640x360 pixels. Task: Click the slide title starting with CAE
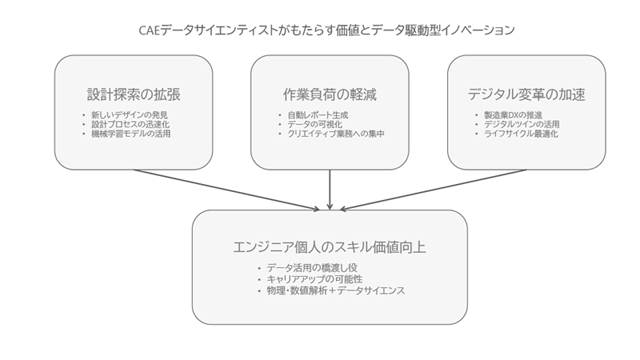point(326,30)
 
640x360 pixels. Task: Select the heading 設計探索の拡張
point(134,94)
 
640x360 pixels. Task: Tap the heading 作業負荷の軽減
point(330,94)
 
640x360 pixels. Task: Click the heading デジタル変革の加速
point(526,94)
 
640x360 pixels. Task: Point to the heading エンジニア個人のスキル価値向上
point(330,247)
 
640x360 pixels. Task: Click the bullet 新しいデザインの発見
point(130,115)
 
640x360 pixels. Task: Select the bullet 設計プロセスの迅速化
point(130,124)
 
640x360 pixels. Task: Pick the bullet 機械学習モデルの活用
point(130,134)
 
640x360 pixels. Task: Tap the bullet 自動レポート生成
point(318,115)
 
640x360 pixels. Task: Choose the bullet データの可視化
point(314,124)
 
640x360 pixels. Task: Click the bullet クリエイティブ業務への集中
point(336,134)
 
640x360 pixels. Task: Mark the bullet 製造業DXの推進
point(513,115)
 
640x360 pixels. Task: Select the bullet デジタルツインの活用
point(522,124)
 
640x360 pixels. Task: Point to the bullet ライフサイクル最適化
point(521,134)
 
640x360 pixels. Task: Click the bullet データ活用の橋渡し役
point(312,268)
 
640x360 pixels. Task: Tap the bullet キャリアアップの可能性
point(314,279)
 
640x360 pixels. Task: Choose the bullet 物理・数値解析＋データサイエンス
point(335,290)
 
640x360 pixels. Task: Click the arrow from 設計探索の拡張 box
point(226,190)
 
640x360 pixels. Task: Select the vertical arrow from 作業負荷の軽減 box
point(330,190)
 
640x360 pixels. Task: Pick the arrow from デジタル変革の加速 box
point(433,190)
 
